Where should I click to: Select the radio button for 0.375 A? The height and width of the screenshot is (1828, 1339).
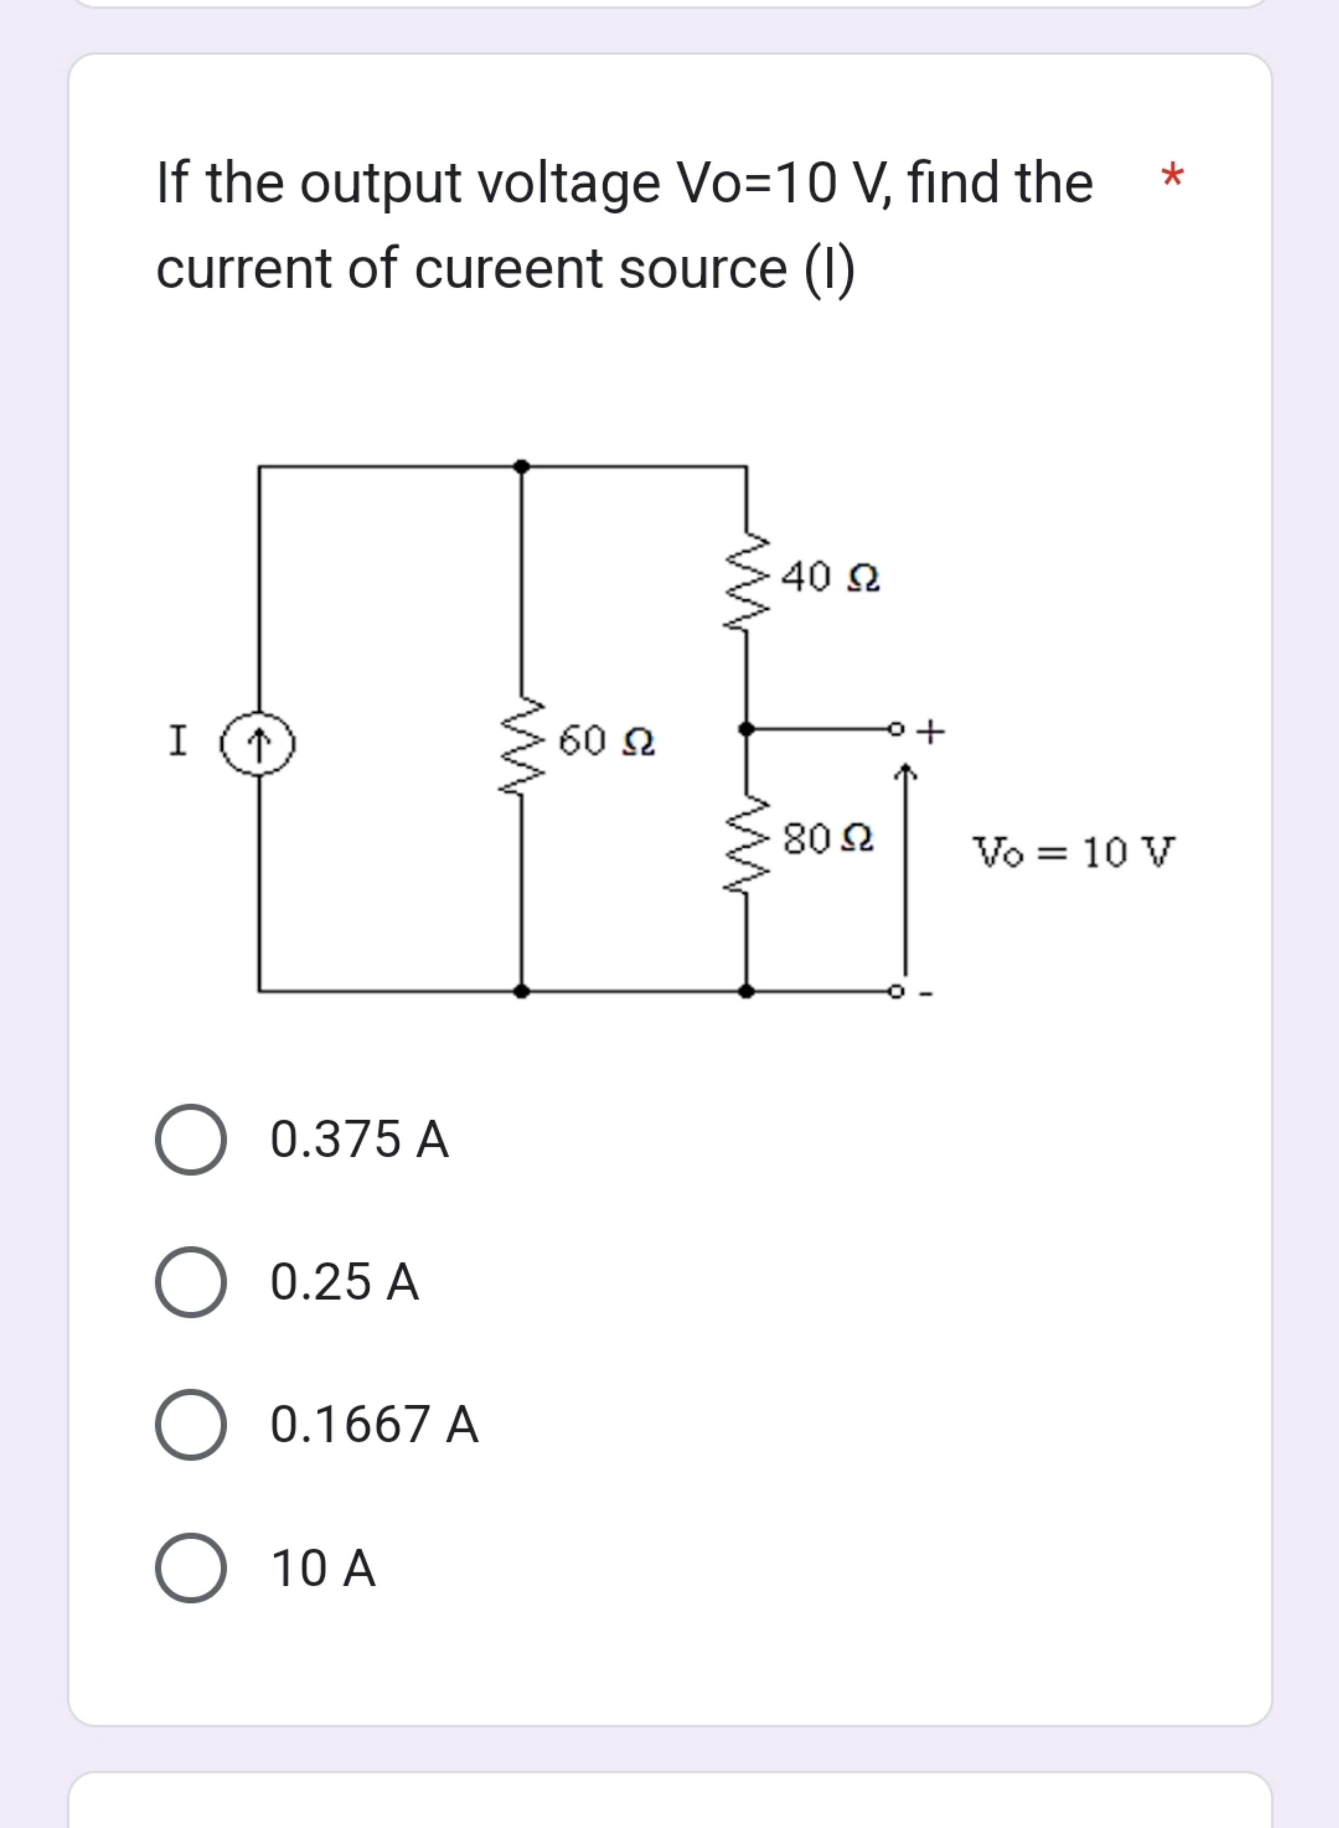point(191,1139)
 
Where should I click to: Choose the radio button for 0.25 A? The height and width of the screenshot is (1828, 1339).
point(191,1282)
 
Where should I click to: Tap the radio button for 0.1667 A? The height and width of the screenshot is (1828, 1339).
point(191,1424)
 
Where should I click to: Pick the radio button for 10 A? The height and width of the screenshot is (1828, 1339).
point(191,1568)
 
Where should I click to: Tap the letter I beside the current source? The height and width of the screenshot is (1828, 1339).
point(177,741)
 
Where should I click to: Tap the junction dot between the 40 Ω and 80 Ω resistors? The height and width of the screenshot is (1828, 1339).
point(746,729)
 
